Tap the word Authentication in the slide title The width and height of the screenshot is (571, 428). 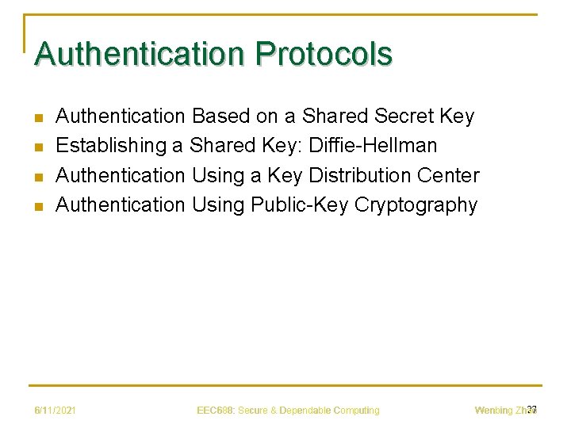click(x=140, y=54)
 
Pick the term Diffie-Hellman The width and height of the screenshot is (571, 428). click(x=373, y=146)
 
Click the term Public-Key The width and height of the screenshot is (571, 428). click(x=300, y=204)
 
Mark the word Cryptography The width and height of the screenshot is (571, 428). click(x=416, y=204)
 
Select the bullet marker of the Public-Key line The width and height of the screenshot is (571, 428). click(x=37, y=206)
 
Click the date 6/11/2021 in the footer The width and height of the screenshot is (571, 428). click(x=55, y=411)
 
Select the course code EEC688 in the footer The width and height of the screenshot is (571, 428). click(x=214, y=411)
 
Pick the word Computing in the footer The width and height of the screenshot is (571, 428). click(x=357, y=411)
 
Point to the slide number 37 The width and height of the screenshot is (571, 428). click(x=532, y=409)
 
